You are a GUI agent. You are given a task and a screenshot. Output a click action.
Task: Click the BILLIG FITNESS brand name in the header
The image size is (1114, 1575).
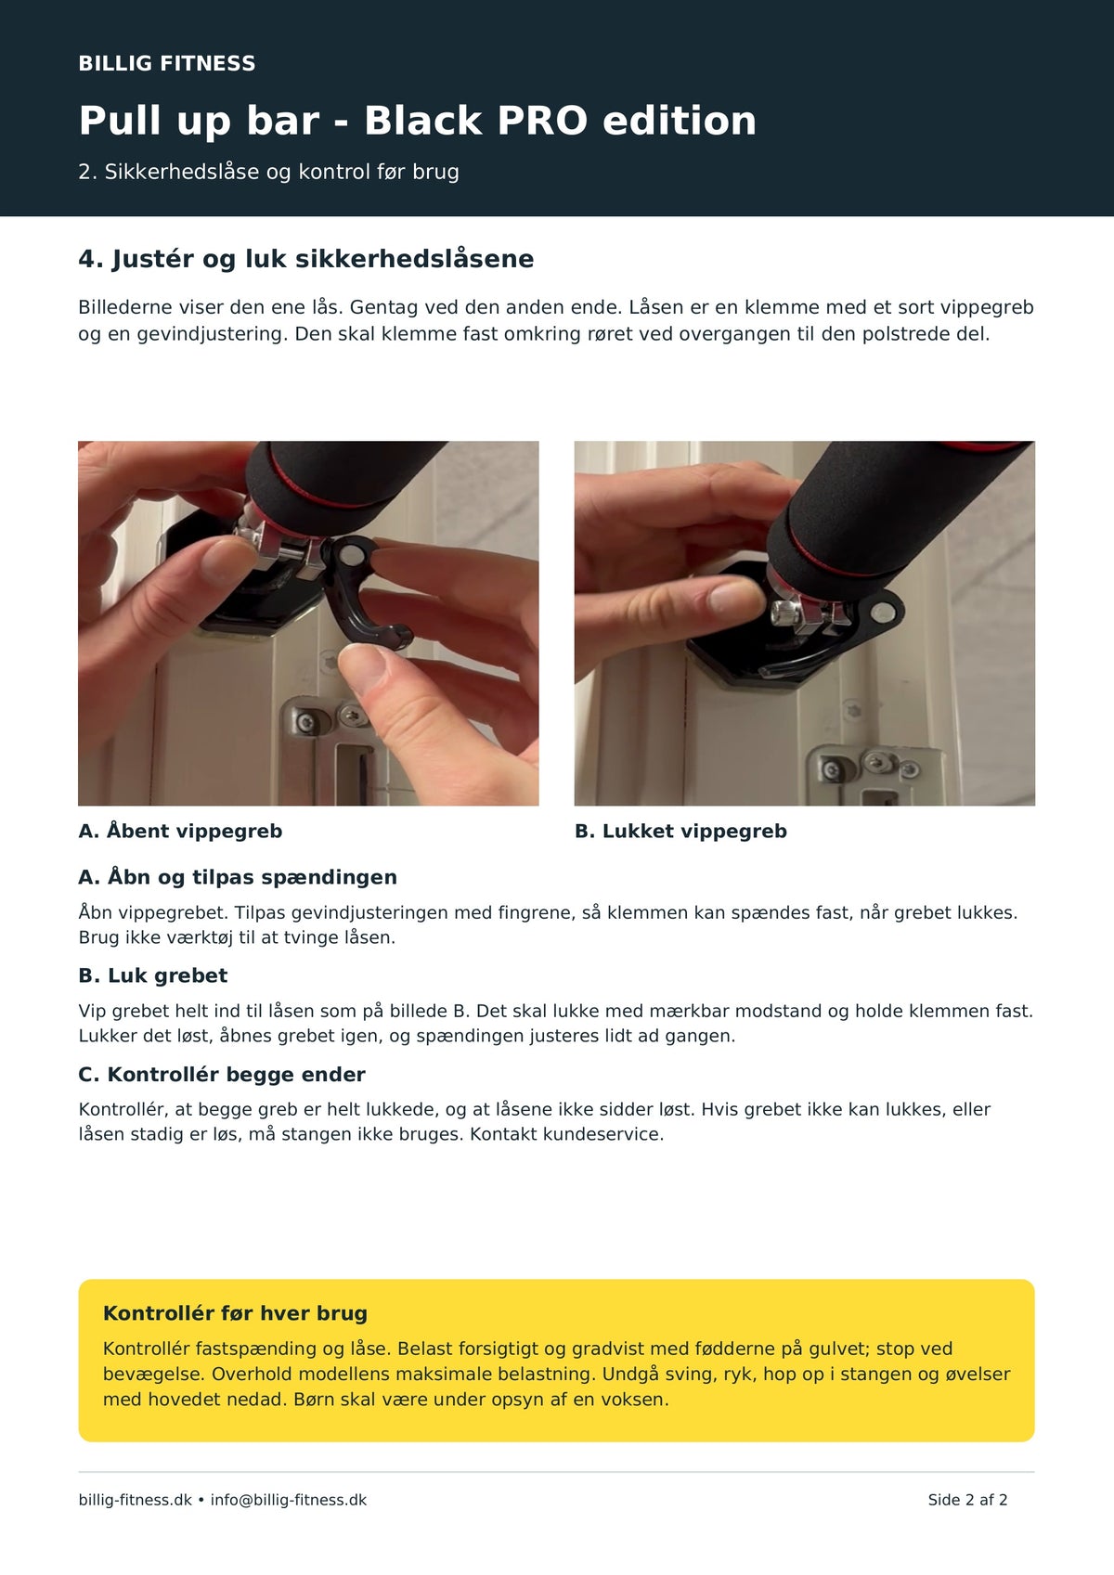167,63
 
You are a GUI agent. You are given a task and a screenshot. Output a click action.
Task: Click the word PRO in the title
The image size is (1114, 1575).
542,121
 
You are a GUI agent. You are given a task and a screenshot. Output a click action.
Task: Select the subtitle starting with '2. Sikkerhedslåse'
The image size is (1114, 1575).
268,172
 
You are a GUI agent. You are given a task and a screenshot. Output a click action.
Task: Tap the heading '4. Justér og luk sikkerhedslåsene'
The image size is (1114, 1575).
306,259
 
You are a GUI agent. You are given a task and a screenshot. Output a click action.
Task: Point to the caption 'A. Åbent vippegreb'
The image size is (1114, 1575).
180,831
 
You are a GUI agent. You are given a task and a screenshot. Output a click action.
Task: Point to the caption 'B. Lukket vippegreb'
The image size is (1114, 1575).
680,831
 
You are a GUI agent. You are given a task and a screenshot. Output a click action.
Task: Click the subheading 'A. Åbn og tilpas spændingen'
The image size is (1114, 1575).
238,877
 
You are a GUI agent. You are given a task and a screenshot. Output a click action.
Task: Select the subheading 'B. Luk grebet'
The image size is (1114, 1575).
153,976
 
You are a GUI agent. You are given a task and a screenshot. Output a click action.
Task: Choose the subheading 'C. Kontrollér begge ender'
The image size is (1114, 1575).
222,1075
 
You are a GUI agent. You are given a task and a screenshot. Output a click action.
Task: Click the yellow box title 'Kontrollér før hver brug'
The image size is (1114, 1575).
236,1313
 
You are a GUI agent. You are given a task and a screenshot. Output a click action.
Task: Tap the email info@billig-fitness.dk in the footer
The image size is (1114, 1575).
289,1500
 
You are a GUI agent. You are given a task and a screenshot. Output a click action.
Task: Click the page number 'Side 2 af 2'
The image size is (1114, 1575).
967,1500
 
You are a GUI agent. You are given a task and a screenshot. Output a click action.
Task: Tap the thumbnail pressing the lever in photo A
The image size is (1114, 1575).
365,668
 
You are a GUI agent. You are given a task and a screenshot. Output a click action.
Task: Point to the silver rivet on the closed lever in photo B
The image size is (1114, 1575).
881,613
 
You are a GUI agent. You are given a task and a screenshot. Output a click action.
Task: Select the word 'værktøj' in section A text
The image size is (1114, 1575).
196,937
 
